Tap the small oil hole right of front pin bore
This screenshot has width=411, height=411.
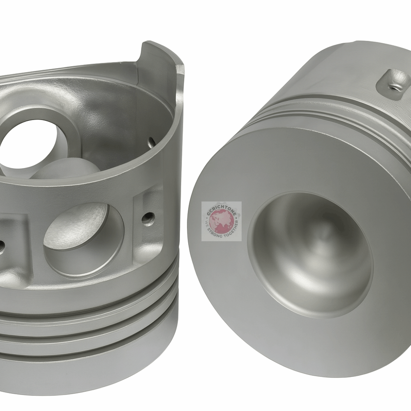(148, 218)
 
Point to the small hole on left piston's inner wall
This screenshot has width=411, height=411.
(151, 142)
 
